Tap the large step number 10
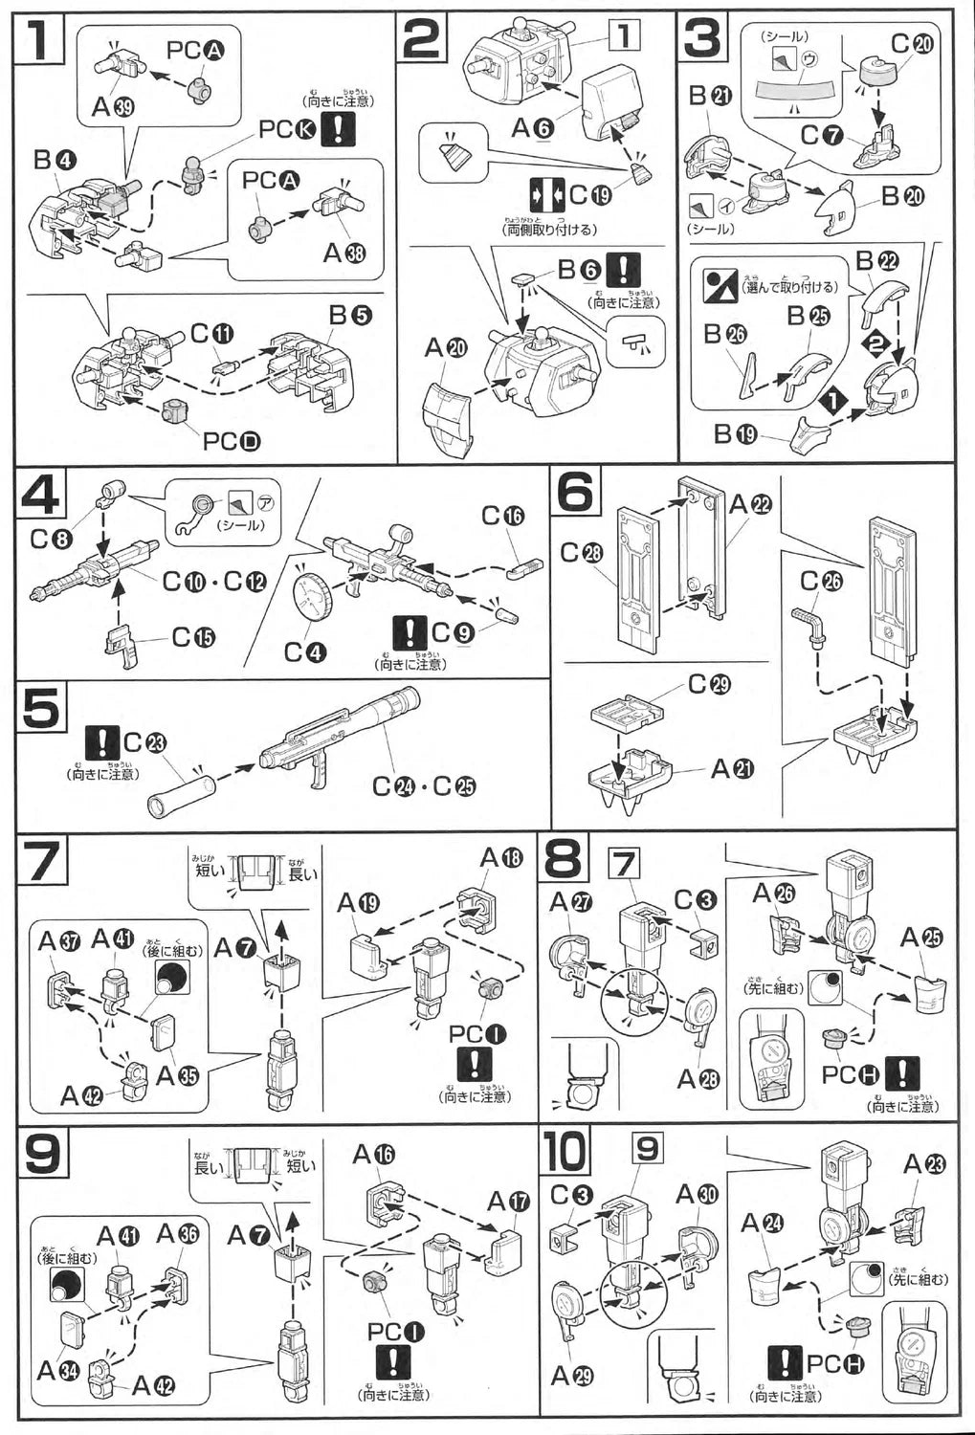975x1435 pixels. (x=566, y=1156)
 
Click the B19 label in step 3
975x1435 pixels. (x=736, y=433)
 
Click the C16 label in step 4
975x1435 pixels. (x=502, y=517)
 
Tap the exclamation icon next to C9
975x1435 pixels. (x=410, y=632)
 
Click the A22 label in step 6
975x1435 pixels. (x=748, y=503)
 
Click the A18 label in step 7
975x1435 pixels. (x=501, y=858)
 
